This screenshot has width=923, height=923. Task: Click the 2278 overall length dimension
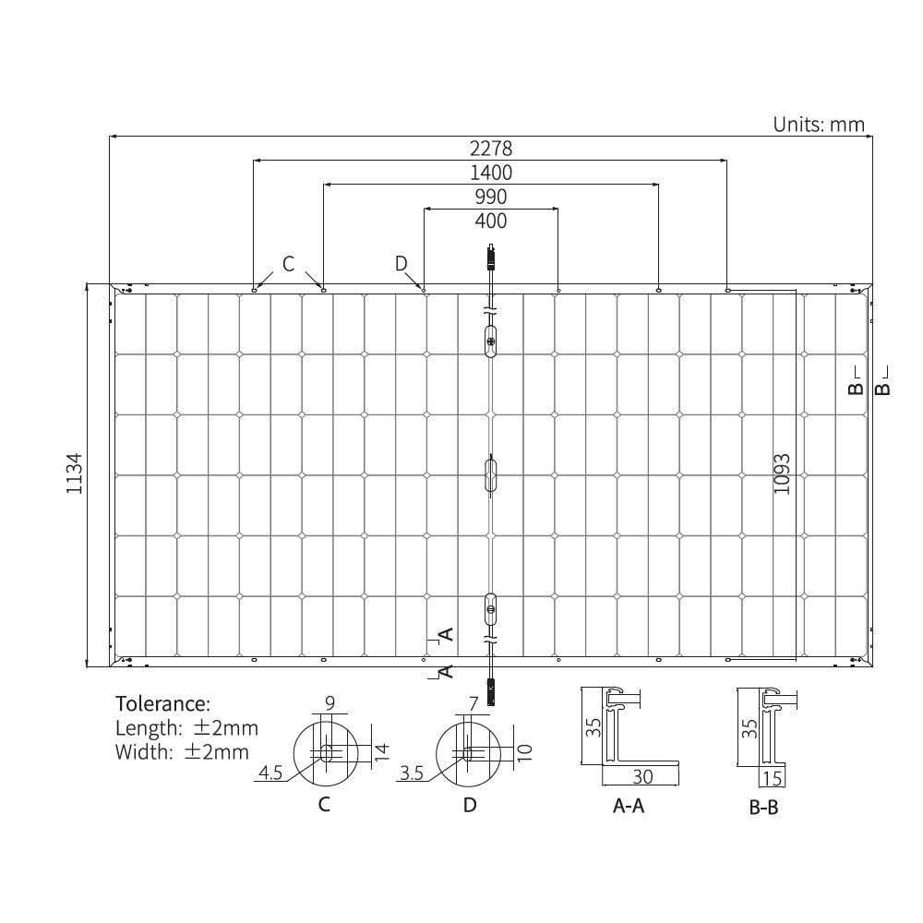[x=490, y=148]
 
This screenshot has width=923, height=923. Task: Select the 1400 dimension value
[x=490, y=173]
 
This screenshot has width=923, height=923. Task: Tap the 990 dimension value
[x=490, y=197]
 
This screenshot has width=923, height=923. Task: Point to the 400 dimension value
[x=490, y=221]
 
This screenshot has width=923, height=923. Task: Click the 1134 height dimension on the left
[x=75, y=473]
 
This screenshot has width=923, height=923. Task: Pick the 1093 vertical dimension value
[x=782, y=473]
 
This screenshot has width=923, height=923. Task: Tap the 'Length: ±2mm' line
[x=187, y=727]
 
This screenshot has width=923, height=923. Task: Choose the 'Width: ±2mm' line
[x=182, y=751]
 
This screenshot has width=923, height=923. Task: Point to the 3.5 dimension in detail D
[x=412, y=773]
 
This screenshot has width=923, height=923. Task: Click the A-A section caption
[x=629, y=807]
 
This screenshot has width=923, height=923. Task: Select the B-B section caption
[x=764, y=809]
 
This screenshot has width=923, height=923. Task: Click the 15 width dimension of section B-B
[x=773, y=777]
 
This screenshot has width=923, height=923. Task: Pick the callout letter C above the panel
[x=288, y=265]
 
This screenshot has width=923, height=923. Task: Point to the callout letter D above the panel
[x=401, y=264]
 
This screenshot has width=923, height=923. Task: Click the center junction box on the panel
[x=491, y=475]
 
